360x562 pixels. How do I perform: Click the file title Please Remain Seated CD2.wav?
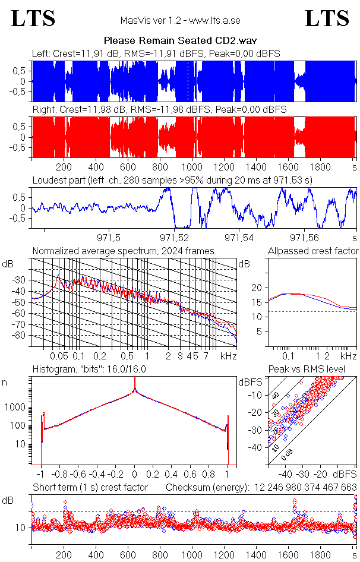pyautogui.click(x=180, y=40)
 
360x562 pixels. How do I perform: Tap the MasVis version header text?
pyautogui.click(x=180, y=21)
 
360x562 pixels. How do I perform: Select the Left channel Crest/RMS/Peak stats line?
pyautogui.click(x=156, y=53)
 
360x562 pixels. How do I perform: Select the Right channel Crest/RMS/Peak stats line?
pyautogui.click(x=159, y=110)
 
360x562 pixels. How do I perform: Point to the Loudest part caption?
pyautogui.click(x=172, y=179)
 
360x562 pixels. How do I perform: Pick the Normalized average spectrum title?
pyautogui.click(x=123, y=251)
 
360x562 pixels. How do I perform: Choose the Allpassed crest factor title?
pyautogui.click(x=313, y=251)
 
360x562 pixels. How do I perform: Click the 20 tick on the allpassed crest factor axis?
pyautogui.click(x=257, y=288)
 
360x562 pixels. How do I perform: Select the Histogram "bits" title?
pyautogui.click(x=89, y=370)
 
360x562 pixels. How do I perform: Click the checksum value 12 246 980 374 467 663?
pyautogui.click(x=306, y=488)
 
